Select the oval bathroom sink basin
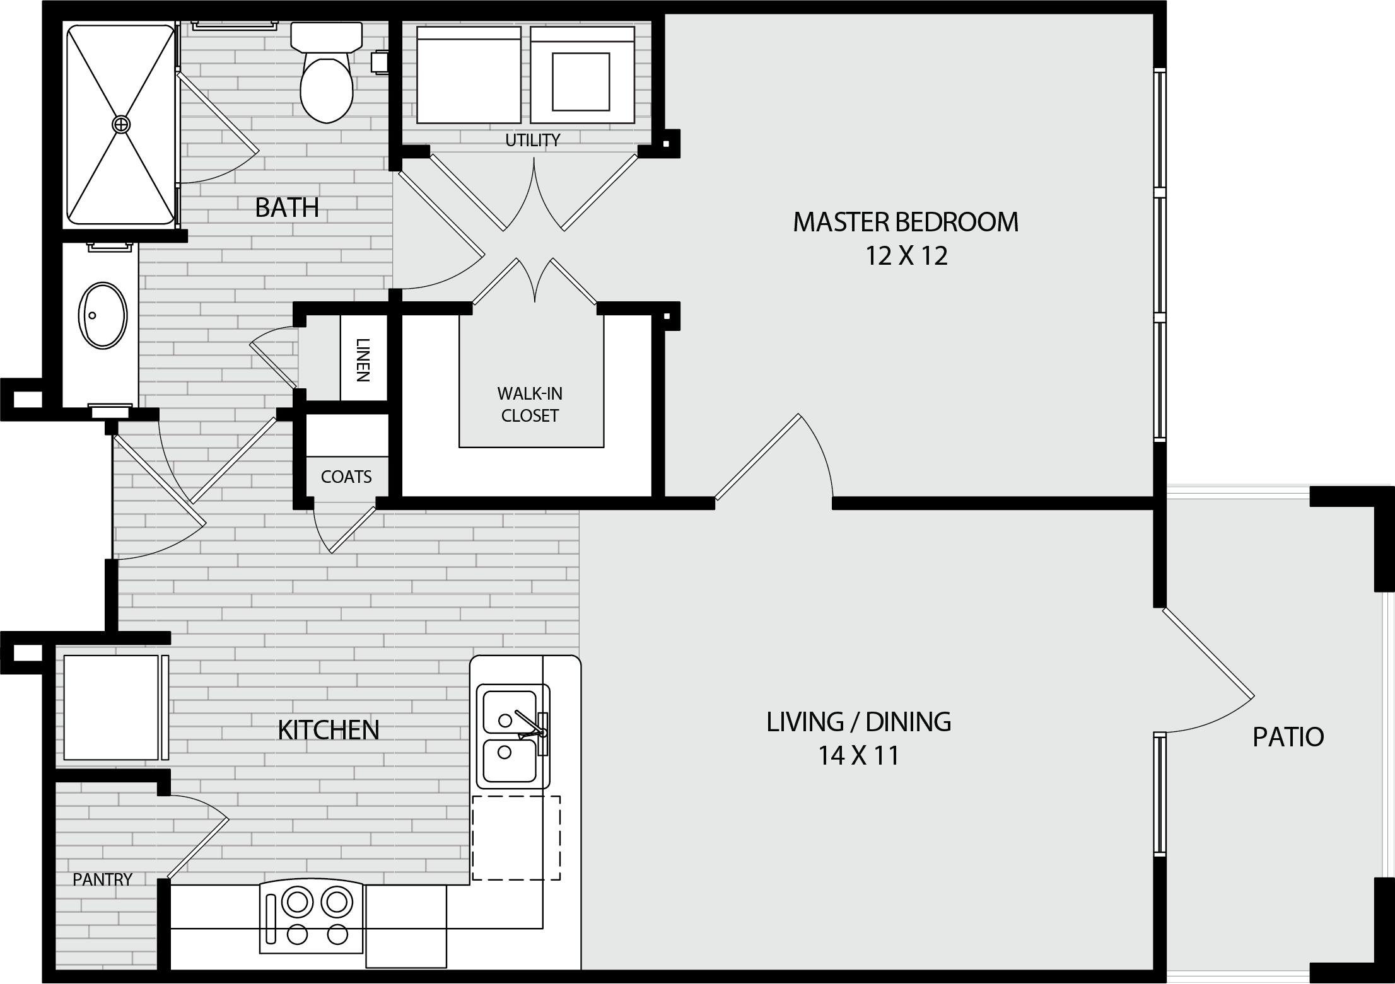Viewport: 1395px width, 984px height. [102, 316]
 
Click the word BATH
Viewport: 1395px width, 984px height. [287, 207]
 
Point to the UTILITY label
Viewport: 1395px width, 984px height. [533, 140]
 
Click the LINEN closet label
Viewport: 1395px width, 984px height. [363, 360]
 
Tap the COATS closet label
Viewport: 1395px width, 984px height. [346, 477]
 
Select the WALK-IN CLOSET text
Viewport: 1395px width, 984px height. [530, 405]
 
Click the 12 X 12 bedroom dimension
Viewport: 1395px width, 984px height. [906, 256]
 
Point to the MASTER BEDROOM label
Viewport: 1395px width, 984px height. [906, 222]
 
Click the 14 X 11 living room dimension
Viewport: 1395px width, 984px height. [858, 755]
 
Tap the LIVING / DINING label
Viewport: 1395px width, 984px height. [859, 722]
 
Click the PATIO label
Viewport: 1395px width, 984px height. [1288, 737]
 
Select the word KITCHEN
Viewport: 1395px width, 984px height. [329, 730]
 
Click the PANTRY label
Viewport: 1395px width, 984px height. [102, 879]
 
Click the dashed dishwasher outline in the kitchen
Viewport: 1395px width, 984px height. [517, 838]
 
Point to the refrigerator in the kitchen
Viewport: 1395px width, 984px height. [112, 707]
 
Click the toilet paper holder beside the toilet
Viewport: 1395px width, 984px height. [380, 62]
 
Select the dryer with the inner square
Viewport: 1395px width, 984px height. [582, 75]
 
